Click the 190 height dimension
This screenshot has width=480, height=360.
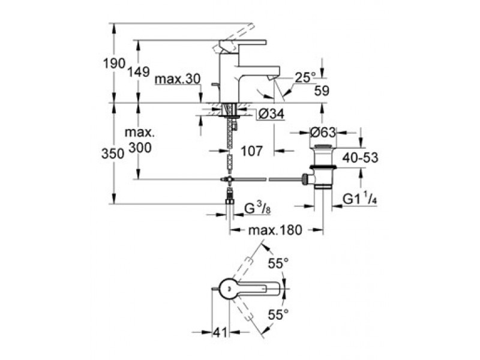tap(114, 64)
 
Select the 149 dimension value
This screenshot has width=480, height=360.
tap(139, 72)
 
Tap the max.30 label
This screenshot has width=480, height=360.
tap(178, 79)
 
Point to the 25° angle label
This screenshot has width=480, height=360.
tap(305, 78)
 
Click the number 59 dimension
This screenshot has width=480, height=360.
tap(322, 91)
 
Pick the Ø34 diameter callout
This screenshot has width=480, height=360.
tap(271, 114)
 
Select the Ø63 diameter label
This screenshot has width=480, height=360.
tap(323, 133)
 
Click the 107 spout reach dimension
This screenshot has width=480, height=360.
tap(251, 151)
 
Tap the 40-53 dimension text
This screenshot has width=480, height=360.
tap(361, 158)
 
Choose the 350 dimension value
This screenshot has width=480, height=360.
tap(113, 154)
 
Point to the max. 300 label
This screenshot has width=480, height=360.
tap(140, 140)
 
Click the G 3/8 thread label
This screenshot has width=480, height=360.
tap(257, 209)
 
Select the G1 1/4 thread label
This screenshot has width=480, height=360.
tap(359, 199)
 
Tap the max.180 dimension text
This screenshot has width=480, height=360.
tap(275, 230)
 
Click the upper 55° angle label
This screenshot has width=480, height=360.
tap(278, 263)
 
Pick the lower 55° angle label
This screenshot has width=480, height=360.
tap(278, 314)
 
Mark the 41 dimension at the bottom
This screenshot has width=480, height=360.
tap(220, 332)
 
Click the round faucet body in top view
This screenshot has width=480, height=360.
tap(229, 289)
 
